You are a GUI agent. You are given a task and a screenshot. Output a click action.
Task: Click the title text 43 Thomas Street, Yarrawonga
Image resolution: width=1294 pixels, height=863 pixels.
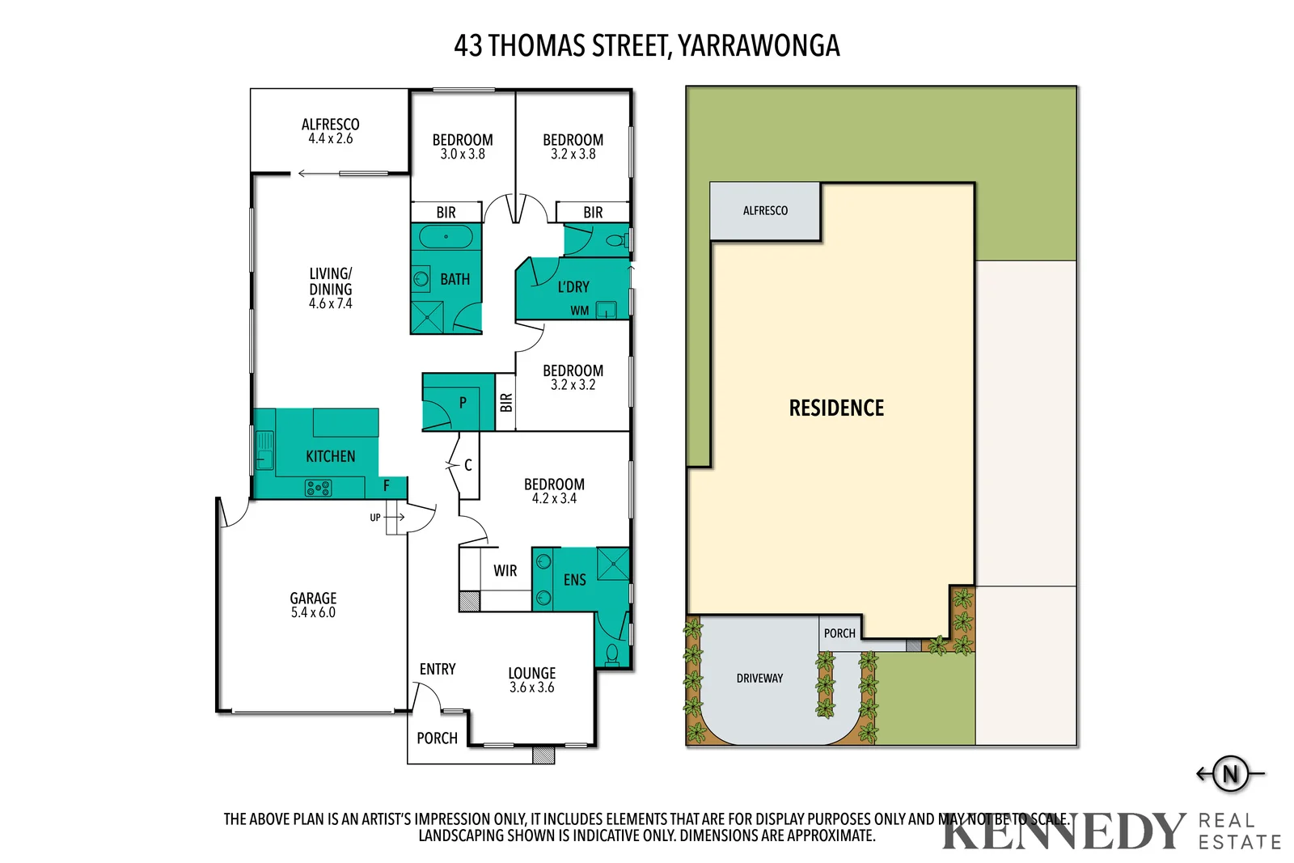click(x=646, y=46)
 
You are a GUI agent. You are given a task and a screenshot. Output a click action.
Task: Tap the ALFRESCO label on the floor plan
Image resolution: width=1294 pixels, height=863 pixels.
click(x=330, y=125)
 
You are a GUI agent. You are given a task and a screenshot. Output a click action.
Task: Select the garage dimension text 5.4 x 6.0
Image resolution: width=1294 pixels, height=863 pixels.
click(x=313, y=613)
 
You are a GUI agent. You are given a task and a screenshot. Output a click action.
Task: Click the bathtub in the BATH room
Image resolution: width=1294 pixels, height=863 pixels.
click(x=446, y=237)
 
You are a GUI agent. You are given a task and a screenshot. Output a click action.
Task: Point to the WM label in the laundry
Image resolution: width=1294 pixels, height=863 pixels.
click(x=579, y=311)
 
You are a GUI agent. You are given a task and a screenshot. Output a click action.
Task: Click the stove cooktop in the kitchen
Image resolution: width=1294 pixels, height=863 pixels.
click(x=318, y=488)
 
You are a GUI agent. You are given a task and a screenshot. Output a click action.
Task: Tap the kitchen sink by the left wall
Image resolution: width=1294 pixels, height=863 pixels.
click(x=264, y=451)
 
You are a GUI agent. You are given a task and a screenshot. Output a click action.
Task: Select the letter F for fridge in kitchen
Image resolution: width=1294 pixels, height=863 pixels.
click(x=386, y=486)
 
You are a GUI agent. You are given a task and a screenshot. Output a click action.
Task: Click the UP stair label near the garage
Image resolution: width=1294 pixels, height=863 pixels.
click(x=375, y=518)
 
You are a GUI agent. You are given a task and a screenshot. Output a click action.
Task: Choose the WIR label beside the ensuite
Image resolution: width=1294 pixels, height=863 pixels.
click(x=505, y=571)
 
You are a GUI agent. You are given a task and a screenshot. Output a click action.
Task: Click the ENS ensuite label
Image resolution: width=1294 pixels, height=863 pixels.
click(x=574, y=580)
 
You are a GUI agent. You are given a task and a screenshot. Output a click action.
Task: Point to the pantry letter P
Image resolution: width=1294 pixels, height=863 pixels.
click(x=463, y=403)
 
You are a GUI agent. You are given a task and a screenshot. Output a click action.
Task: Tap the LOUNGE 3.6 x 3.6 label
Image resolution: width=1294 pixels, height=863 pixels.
click(x=531, y=680)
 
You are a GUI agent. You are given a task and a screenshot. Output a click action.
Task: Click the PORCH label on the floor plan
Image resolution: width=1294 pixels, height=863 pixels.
click(x=437, y=738)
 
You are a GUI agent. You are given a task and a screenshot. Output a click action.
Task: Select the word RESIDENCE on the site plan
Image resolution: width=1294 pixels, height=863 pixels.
click(x=836, y=408)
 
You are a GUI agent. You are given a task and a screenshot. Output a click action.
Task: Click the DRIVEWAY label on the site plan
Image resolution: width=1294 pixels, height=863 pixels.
click(x=759, y=679)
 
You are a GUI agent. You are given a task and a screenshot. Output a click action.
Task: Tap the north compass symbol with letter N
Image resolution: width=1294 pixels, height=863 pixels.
click(x=1230, y=774)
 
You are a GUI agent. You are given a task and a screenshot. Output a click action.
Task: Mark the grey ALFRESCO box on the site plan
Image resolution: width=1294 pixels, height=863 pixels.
click(x=765, y=211)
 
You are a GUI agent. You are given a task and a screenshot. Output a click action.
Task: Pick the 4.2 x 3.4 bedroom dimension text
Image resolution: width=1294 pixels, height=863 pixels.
click(x=554, y=499)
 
